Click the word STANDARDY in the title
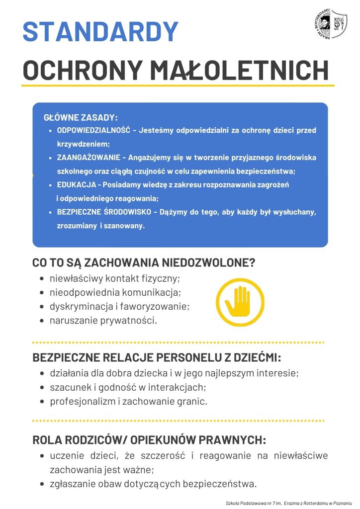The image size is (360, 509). pos(100,31)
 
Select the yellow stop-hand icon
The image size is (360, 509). pos(240,302)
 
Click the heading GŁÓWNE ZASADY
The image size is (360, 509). pos(81,118)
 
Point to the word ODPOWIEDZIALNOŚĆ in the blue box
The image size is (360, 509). pos(93,130)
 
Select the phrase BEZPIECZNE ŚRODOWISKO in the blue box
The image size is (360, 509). pos(103,212)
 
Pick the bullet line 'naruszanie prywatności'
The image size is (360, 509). pos(103,321)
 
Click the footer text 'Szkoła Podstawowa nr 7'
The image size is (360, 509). pos(254,503)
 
